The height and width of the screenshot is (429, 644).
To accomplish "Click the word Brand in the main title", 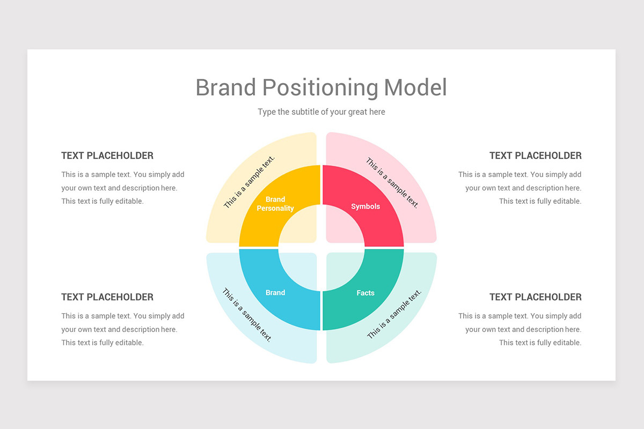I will tap(225, 87).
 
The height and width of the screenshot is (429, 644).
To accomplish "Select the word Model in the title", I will tap(415, 87).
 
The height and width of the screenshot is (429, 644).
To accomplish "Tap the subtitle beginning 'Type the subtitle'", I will tap(321, 112).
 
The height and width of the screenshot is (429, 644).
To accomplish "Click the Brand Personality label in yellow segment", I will tap(275, 204).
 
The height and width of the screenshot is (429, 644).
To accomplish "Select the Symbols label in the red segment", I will tap(365, 206).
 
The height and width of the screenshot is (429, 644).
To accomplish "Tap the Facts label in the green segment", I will tap(365, 293).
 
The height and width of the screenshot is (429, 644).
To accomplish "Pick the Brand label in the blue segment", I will tap(275, 293).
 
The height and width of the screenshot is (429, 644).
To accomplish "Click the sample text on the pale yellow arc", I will tap(249, 182).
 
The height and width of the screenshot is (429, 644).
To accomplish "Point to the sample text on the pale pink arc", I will tap(392, 182).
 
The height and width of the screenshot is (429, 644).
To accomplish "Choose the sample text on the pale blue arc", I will tap(247, 315).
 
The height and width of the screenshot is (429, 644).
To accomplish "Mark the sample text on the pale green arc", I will tap(394, 314).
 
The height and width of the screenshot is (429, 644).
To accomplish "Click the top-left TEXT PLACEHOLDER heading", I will tap(107, 156).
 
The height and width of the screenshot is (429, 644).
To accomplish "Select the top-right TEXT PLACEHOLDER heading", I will tap(535, 156).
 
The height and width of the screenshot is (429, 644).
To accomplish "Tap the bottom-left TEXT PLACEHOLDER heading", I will tap(107, 297).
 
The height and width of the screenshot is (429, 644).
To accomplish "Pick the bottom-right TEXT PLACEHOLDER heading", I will tap(535, 297).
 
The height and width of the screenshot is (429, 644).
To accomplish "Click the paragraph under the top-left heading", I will tap(122, 188).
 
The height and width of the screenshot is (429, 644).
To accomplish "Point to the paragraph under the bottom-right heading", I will tap(520, 329).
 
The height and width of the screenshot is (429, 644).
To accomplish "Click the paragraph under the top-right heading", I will tap(520, 188).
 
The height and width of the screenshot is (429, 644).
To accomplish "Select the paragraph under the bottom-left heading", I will tap(122, 329).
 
